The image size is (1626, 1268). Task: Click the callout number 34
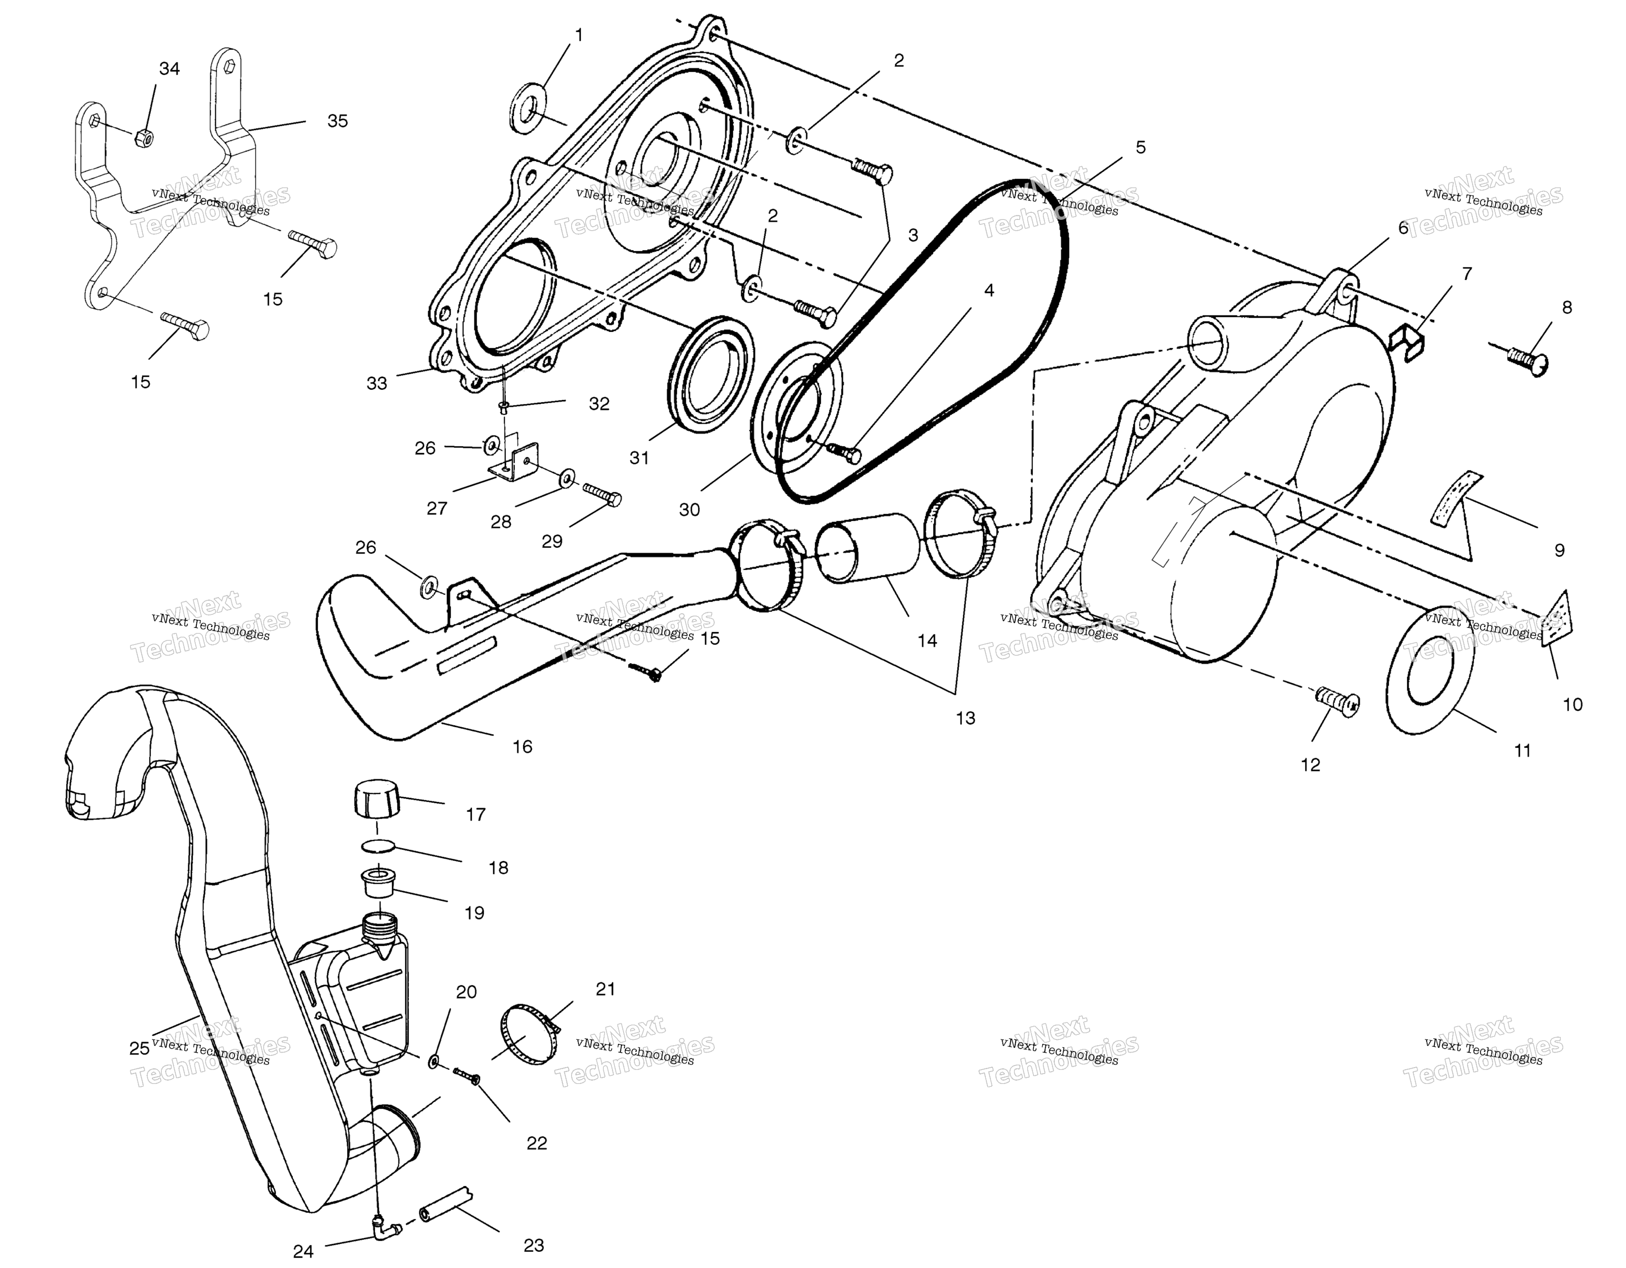(x=170, y=68)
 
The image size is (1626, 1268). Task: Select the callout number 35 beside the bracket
(x=337, y=120)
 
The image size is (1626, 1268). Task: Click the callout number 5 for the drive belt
(x=1141, y=147)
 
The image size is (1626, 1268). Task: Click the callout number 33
(x=377, y=383)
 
